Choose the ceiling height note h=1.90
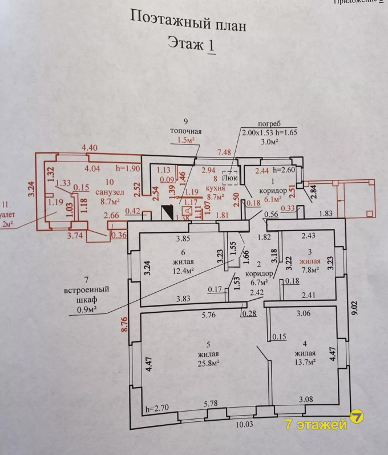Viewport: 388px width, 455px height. pyautogui.click(x=128, y=168)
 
